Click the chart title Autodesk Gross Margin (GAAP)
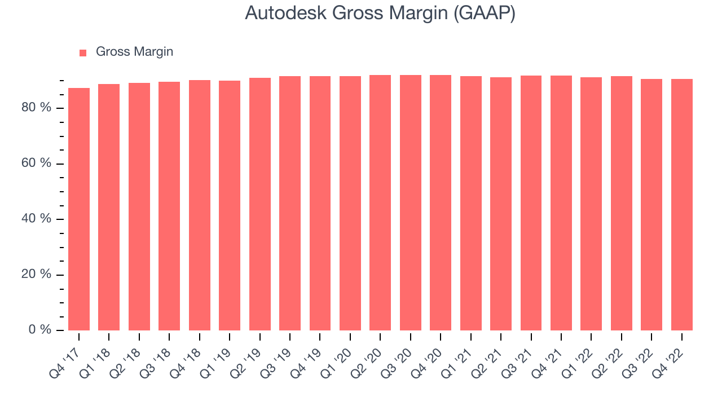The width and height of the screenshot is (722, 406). pyautogui.click(x=380, y=13)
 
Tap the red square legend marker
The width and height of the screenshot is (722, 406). pyautogui.click(x=83, y=52)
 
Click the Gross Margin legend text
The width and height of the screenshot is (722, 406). pyautogui.click(x=134, y=52)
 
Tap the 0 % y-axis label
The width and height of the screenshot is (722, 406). pyautogui.click(x=41, y=330)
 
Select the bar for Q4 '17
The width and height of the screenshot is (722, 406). pyautogui.click(x=79, y=209)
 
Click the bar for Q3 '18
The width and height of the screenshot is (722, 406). pyautogui.click(x=169, y=206)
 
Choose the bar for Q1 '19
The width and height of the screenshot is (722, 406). pyautogui.click(x=230, y=205)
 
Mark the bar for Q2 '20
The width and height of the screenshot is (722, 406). pyautogui.click(x=380, y=202)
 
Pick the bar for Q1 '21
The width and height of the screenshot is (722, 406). pyautogui.click(x=470, y=203)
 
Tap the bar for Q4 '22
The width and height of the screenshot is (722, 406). pyautogui.click(x=681, y=205)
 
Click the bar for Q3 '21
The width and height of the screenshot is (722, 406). pyautogui.click(x=531, y=203)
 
